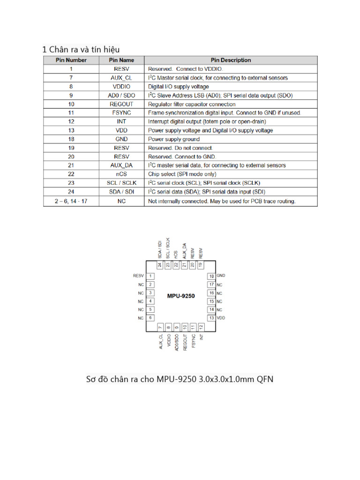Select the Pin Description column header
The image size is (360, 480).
pos(231,60)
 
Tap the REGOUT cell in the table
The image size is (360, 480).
pos(121,104)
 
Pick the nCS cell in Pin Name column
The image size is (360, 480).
pos(121,174)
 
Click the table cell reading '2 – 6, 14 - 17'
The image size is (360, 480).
pos(71,201)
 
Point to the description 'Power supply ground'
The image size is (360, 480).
pos(174,139)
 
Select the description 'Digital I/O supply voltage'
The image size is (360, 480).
pos(179,87)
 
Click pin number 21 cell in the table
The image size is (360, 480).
pos(71,165)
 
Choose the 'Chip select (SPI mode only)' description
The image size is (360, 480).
pos(182,174)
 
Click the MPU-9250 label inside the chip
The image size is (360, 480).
pos(181,296)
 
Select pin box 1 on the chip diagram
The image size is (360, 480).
pos(150,276)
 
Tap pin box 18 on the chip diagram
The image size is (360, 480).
pos(211,276)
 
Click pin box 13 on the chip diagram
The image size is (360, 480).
pos(211,318)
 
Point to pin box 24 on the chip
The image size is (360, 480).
pos(160,265)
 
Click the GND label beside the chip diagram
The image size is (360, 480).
pos(221,276)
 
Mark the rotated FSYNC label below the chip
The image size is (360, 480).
pos(193,340)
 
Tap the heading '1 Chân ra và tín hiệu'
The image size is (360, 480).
pos(84,49)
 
